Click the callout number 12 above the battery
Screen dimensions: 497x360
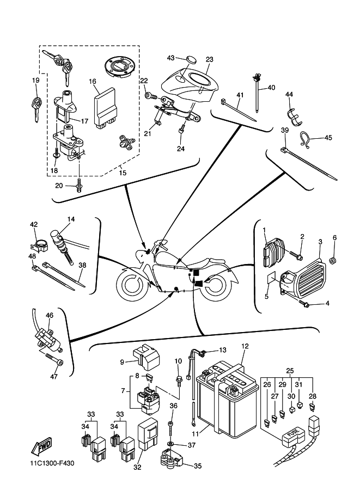[x=245, y=346]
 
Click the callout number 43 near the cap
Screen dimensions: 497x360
[x=170, y=57]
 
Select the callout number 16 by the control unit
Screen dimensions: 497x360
[x=93, y=82]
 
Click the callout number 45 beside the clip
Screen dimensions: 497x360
[x=328, y=138]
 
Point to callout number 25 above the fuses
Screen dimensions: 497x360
[x=290, y=370]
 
